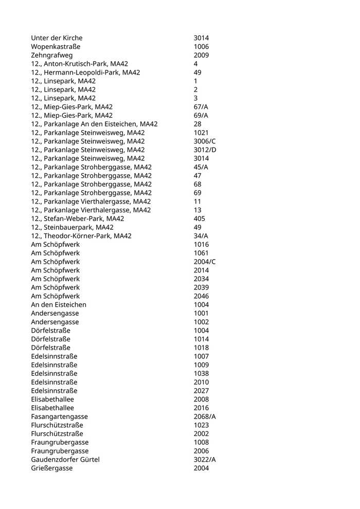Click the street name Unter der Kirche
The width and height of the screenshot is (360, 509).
click(x=57, y=38)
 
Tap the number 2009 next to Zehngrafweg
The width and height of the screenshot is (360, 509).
click(x=201, y=56)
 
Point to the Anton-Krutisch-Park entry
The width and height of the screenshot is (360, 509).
click(x=79, y=64)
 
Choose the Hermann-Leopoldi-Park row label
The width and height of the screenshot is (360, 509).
click(x=85, y=72)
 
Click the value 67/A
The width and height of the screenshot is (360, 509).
click(x=201, y=107)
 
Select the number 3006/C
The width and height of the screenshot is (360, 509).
click(x=204, y=141)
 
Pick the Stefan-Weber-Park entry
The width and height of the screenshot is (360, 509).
click(x=77, y=219)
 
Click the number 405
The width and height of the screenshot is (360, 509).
click(x=199, y=219)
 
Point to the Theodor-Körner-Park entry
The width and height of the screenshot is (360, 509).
click(x=81, y=236)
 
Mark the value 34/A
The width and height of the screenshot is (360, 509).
click(x=201, y=236)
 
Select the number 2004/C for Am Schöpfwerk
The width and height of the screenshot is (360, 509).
click(x=205, y=262)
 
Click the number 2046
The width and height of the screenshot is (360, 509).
click(x=201, y=296)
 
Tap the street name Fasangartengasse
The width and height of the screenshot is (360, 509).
click(x=59, y=416)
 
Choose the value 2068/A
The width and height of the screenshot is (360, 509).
click(x=205, y=416)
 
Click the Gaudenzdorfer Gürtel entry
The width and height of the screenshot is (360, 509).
click(x=65, y=460)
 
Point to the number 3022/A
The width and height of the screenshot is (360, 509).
click(x=205, y=460)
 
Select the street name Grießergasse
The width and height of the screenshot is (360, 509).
click(x=51, y=468)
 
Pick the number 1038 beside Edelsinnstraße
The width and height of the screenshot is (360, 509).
click(x=201, y=373)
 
